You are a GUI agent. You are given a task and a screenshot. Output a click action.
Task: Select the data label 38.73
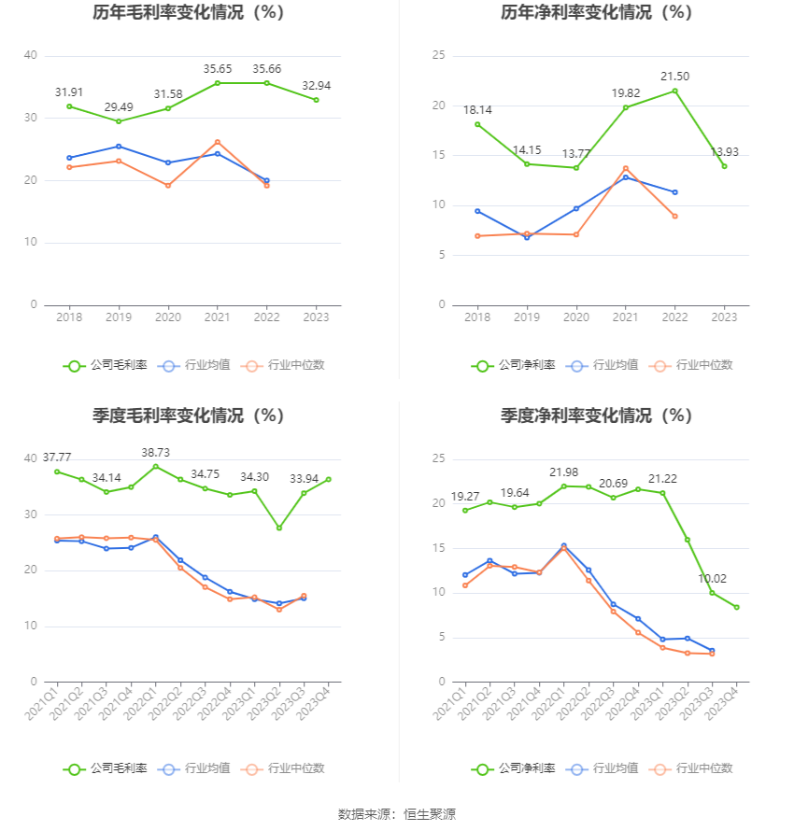(x=155, y=452)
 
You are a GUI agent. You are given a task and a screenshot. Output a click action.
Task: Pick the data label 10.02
(x=712, y=578)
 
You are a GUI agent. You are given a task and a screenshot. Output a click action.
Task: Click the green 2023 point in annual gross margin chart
(x=316, y=100)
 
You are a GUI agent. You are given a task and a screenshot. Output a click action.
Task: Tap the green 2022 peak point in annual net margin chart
(x=674, y=91)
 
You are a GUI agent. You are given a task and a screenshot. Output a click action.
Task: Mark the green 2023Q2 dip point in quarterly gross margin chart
(x=278, y=528)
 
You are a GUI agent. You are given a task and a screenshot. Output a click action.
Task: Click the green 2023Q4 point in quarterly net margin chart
(x=736, y=607)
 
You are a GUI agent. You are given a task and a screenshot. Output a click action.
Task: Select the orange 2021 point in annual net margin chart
(x=625, y=168)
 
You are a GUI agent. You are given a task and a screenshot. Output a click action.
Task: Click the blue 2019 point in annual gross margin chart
(x=119, y=146)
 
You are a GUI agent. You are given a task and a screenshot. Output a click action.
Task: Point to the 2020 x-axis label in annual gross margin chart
(x=168, y=317)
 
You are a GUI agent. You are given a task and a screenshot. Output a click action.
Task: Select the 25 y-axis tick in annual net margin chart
(x=437, y=56)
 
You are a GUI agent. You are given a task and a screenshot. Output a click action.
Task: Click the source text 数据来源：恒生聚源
(x=396, y=814)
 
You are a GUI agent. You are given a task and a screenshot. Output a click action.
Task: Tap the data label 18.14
(x=477, y=109)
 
